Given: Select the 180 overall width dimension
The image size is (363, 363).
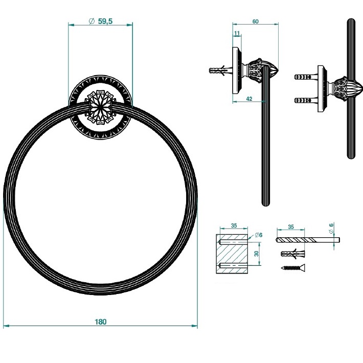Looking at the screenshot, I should [100, 322].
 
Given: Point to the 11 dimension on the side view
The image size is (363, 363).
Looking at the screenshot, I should [237, 33].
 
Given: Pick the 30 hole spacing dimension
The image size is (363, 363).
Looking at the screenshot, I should [257, 253].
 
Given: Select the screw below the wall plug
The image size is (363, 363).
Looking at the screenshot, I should [291, 267].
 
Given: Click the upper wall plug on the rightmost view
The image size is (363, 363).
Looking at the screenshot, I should [306, 78].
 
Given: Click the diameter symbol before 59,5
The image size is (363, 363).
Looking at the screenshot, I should [91, 21].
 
